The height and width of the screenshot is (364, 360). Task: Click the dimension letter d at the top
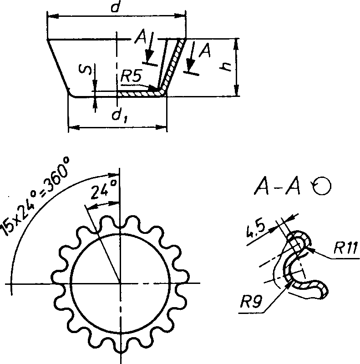[116, 6]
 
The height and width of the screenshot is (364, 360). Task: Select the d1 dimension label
[120, 116]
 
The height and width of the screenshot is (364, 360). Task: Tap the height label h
[226, 67]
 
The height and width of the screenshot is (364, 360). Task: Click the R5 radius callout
[131, 76]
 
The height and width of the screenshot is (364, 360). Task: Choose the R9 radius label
[251, 302]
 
